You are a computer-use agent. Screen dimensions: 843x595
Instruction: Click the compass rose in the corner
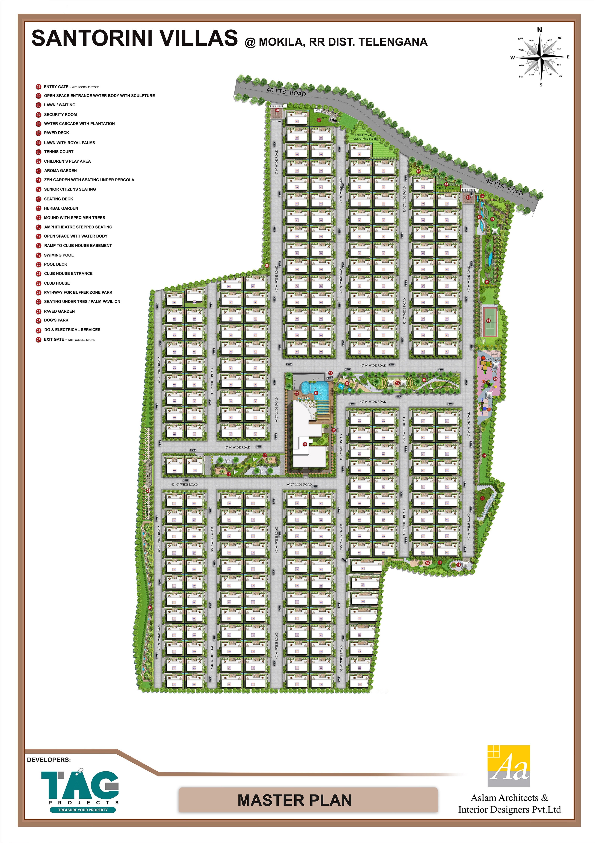[540, 57]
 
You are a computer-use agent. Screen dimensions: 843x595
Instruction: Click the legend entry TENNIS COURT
[59, 152]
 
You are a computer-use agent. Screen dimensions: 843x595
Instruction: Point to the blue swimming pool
[309, 387]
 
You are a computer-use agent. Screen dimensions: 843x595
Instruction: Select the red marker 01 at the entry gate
[468, 197]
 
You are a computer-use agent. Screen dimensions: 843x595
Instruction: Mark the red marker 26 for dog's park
[267, 265]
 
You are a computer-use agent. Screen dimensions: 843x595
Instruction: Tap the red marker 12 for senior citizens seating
[458, 565]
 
